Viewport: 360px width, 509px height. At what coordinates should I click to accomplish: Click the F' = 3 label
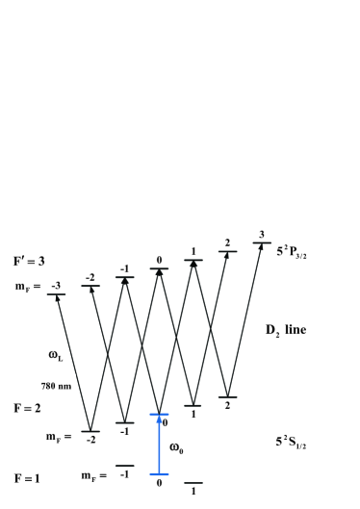28,262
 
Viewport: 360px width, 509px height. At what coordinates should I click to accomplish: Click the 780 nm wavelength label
54,386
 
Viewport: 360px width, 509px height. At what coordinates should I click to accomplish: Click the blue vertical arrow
159,445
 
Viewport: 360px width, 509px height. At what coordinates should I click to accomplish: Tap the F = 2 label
26,409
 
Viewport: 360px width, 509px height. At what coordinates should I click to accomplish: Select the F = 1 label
26,477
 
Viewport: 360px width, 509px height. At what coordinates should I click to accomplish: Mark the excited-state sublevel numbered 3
261,235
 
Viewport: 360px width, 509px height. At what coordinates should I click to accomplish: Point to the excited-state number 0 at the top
159,260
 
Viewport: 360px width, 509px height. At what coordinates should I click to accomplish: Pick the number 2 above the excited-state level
227,243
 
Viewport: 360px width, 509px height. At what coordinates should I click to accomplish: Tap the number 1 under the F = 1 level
193,491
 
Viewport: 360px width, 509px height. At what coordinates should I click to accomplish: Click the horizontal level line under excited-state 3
262,243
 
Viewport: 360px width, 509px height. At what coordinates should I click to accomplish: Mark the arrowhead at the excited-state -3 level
58,298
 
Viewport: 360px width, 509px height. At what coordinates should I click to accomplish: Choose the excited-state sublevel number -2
90,277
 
